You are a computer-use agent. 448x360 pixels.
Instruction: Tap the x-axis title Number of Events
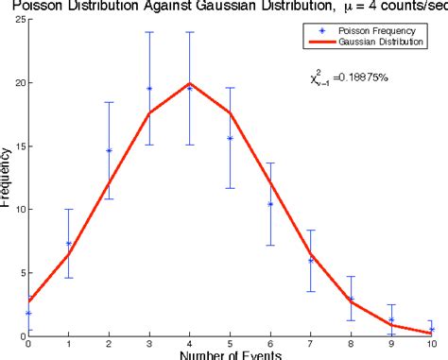click(230, 354)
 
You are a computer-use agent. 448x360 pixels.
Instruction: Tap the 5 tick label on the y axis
click(20, 272)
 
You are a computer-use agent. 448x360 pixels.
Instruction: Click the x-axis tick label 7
click(311, 343)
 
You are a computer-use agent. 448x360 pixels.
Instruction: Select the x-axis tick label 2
click(109, 343)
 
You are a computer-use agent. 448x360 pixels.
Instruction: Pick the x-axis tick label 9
click(391, 343)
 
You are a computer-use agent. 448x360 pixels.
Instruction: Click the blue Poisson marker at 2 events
click(109, 150)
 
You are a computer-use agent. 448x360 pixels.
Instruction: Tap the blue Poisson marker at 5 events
click(230, 138)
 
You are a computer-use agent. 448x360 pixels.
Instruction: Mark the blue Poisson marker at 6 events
click(270, 204)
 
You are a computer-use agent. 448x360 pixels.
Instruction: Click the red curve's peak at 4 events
click(189, 82)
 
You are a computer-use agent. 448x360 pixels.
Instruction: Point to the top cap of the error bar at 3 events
click(149, 32)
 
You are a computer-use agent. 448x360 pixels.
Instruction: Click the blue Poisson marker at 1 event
click(68, 243)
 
